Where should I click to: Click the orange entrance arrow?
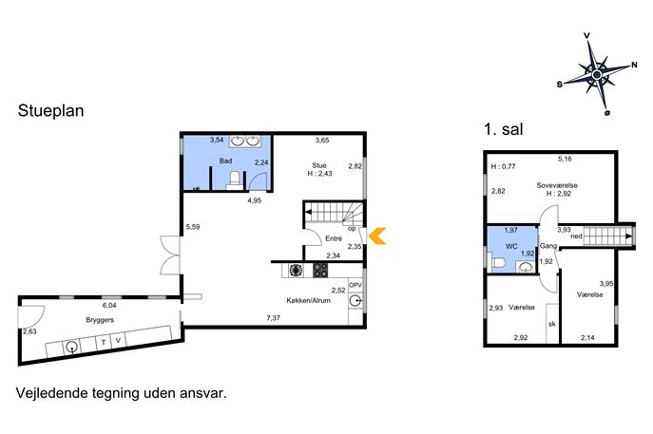[x=378, y=236]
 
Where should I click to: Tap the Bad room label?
[x=225, y=160]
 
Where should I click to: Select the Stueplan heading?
[x=50, y=111]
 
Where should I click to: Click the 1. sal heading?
[x=503, y=129]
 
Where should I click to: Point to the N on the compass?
[x=634, y=65]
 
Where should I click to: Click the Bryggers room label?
[x=100, y=320]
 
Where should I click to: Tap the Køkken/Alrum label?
[x=309, y=300]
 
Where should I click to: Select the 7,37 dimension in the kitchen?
[x=273, y=318]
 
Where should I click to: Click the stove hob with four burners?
[x=320, y=270]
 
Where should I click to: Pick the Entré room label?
[x=334, y=238]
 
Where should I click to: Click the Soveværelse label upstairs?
[x=557, y=185]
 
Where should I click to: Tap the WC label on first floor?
[x=511, y=246]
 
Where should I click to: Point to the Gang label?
[x=548, y=246]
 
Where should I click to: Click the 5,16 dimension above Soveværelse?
[x=565, y=159]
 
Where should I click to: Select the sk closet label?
[x=552, y=324]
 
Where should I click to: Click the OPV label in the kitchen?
[x=355, y=285]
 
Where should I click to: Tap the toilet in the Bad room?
[x=236, y=180]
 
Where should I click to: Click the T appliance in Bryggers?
[x=103, y=343]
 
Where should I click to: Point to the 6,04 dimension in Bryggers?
[x=109, y=305]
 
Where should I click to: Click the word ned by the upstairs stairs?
[x=576, y=236]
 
